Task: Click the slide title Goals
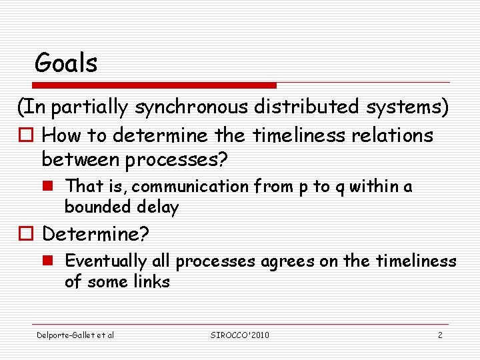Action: (66, 63)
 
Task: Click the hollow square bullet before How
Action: (26, 137)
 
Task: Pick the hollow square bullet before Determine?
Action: (26, 235)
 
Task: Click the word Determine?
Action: (96, 234)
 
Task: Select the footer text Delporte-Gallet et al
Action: (75, 335)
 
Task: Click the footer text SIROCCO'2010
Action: (239, 335)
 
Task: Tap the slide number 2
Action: (440, 335)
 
